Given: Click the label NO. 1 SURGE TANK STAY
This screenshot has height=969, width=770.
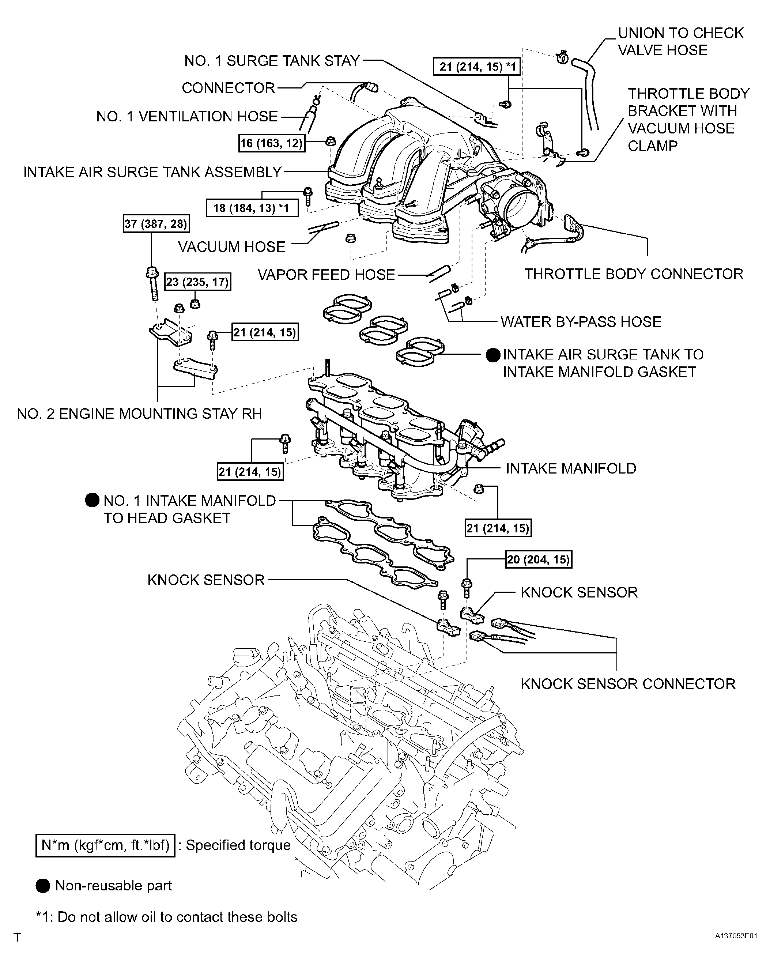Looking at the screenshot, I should (272, 61).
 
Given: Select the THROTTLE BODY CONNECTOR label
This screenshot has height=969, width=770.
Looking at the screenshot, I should (633, 274).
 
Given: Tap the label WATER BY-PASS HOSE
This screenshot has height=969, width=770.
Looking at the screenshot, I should (581, 322).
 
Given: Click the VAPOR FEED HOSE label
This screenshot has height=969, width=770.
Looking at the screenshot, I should (326, 275).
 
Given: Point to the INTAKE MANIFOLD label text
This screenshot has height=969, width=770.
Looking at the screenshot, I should (571, 468).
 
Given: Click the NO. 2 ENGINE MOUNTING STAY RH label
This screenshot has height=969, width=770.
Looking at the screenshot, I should (139, 414).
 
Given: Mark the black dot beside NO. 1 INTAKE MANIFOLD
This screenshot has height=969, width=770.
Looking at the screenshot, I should (92, 500).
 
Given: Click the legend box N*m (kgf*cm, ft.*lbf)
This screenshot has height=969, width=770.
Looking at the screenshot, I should (105, 845).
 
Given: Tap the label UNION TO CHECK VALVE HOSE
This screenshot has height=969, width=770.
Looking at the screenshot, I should (680, 41).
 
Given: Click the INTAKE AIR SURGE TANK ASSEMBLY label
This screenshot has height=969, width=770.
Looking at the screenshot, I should (152, 172).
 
